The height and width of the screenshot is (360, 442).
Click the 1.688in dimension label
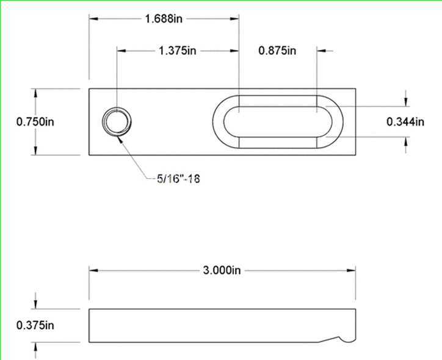click(164, 19)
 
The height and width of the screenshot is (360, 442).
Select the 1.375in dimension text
click(177, 51)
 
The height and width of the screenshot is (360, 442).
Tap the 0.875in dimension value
click(277, 51)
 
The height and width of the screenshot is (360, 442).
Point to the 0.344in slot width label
click(405, 121)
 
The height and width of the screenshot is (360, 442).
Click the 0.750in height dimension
click(35, 121)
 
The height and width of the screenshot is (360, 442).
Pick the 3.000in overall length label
click(222, 270)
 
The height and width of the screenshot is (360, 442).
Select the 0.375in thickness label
click(35, 325)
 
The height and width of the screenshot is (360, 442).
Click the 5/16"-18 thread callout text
click(178, 179)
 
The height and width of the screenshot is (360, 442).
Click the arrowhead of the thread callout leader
click(120, 139)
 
